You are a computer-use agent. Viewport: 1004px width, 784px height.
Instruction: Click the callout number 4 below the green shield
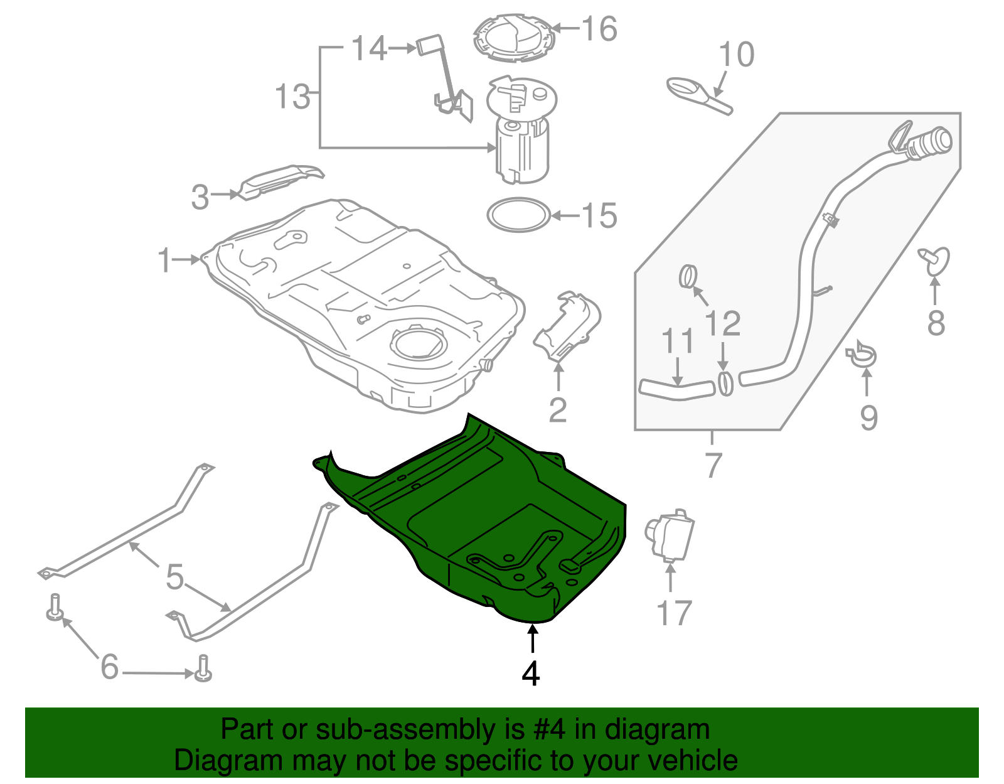tap(531, 674)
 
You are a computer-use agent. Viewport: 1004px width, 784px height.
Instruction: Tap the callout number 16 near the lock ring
tap(599, 29)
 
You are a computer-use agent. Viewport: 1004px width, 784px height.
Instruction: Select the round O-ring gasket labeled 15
tap(519, 215)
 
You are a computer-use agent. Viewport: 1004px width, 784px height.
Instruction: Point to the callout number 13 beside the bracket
tap(292, 97)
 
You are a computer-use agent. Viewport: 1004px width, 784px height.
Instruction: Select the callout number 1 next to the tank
tap(164, 260)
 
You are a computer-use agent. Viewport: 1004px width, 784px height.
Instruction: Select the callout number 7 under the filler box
tap(713, 465)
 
